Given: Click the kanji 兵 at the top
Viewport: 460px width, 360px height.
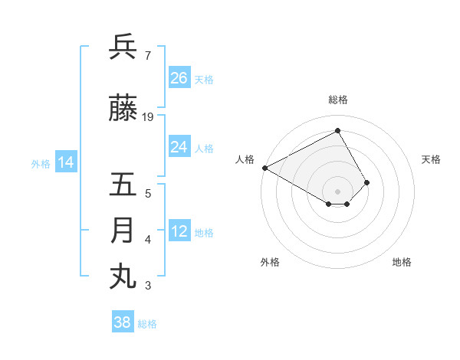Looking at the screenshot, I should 123,47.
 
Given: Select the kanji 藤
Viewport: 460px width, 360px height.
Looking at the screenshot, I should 123,110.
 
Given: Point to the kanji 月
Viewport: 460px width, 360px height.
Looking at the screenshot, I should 123,231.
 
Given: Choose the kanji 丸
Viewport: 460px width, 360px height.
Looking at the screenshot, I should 123,276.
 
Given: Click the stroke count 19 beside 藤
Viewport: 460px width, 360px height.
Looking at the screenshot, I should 148,117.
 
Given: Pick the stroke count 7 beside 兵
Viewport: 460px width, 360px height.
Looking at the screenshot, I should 147,56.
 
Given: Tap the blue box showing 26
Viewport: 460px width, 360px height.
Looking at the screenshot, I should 179,78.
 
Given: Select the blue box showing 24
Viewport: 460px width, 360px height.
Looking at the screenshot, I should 179,147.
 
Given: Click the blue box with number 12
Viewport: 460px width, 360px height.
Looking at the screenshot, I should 179,231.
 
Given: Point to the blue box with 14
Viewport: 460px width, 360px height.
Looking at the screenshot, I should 66,162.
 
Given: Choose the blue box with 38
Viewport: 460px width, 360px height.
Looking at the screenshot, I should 123,322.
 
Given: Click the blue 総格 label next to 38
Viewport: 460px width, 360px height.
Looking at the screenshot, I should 147,324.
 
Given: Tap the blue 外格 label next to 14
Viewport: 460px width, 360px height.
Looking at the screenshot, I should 41,163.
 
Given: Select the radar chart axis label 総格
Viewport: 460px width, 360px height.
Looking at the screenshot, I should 338,100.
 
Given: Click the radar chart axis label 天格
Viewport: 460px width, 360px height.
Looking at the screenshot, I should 432,159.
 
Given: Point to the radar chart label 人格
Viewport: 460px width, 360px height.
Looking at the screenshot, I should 245,159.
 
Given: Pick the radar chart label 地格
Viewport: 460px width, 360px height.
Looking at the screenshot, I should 402,263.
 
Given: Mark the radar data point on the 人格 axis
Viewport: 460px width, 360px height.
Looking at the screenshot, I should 264,167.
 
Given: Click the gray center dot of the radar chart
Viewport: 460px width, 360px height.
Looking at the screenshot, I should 337,191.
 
